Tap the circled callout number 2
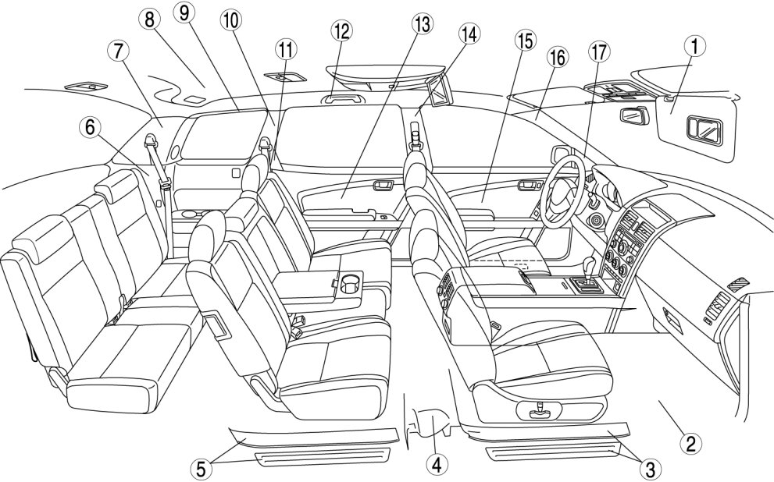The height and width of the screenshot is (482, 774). [688, 444]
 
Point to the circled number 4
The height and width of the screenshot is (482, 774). [437, 465]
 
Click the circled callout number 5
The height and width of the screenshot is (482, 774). [202, 468]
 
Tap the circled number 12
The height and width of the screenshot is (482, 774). [341, 31]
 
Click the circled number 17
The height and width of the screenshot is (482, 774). [599, 55]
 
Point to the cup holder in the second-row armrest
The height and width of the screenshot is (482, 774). [349, 280]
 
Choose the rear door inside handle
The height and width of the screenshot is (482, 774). [383, 185]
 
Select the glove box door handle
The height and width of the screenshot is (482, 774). [669, 314]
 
